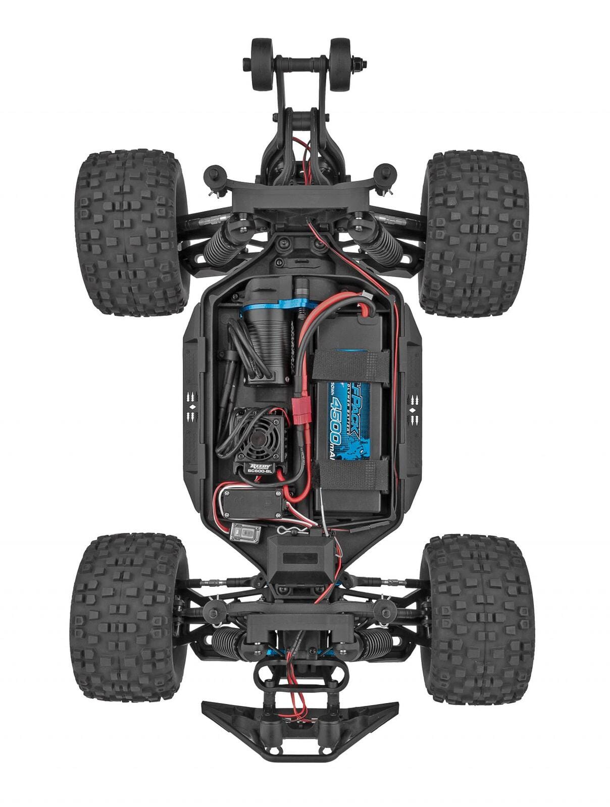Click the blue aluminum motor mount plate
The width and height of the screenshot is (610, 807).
283,307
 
